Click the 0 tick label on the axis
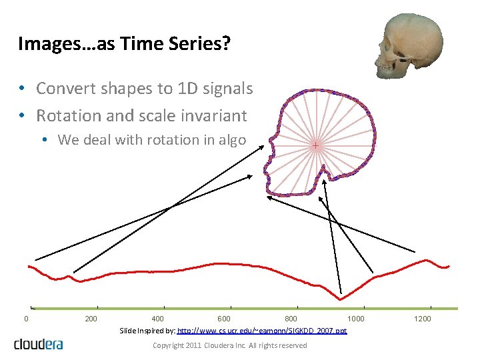[26, 319]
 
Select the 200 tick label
[91, 319]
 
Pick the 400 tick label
[158, 319]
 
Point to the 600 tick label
[225, 319]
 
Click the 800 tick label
[291, 319]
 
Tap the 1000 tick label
[356, 319]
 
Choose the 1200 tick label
[423, 319]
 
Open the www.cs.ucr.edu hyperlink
[262, 331]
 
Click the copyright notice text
[230, 345]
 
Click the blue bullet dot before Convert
[23, 89]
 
